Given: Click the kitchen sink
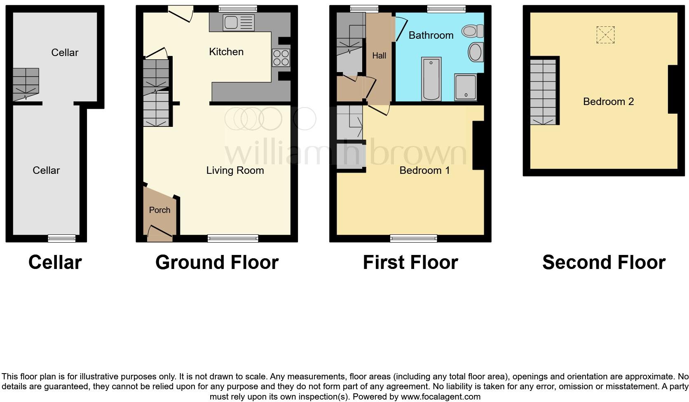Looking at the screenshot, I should tap(239, 23).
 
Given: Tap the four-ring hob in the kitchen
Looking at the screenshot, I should tap(281, 57).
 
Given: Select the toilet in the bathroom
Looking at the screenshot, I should tap(473, 31).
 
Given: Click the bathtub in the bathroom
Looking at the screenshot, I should tap(431, 79).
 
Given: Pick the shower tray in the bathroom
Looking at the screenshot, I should tap(466, 87).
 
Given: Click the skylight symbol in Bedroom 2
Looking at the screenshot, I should tap(605, 35).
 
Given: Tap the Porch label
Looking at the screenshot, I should tap(159, 210).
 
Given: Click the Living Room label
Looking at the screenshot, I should tap(235, 171).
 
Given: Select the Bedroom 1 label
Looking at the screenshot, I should tap(424, 171).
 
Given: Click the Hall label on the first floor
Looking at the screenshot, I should tap(379, 56).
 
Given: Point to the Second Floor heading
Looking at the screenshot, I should tap(604, 262).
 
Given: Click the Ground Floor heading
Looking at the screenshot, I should tap(217, 262).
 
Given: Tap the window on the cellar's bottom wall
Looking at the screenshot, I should tap(62, 238).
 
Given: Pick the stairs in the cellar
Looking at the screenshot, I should tap(26, 84).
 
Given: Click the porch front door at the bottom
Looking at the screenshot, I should tap(159, 234).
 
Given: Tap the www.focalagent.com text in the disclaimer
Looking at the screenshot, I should tap(441, 397).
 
